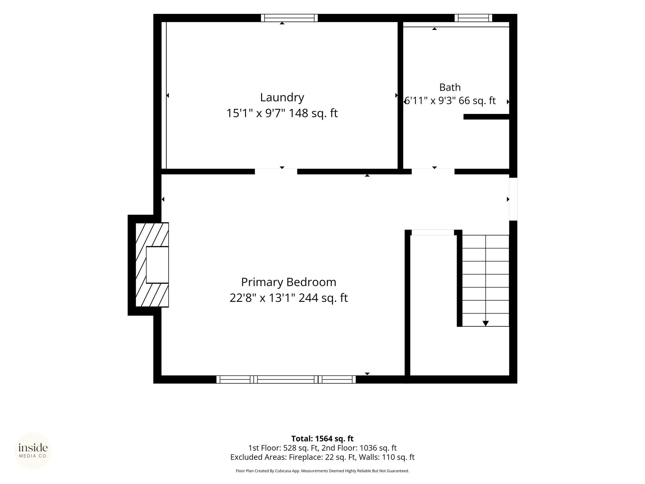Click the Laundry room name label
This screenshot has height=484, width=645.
(x=282, y=98)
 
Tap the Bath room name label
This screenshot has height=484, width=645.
(x=450, y=87)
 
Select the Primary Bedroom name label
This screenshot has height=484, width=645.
(x=288, y=282)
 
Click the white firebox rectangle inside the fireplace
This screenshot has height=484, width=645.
(x=157, y=265)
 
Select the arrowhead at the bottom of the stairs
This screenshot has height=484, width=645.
(x=486, y=323)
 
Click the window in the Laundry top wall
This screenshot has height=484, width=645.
(x=289, y=18)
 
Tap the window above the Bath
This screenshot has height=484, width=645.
(x=473, y=18)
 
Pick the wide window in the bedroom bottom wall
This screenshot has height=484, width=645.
(x=286, y=379)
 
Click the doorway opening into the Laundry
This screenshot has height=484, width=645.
(x=276, y=171)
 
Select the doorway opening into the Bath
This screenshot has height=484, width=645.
(x=433, y=171)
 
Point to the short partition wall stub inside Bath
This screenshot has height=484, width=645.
(x=487, y=117)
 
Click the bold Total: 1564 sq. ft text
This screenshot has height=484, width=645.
(x=322, y=439)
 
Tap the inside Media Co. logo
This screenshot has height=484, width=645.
(x=33, y=451)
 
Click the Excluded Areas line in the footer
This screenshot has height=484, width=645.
(x=322, y=457)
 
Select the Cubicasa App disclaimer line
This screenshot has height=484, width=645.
(x=322, y=471)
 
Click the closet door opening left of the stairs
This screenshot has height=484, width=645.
(x=433, y=233)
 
